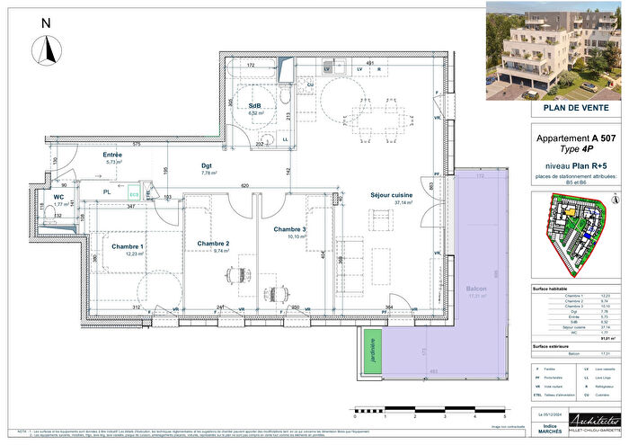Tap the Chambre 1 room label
click(x=127, y=246)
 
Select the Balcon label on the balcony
click(x=476, y=288)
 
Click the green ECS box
click(x=133, y=192)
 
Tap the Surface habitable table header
click(x=555, y=288)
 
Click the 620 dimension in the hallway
click(x=244, y=184)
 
